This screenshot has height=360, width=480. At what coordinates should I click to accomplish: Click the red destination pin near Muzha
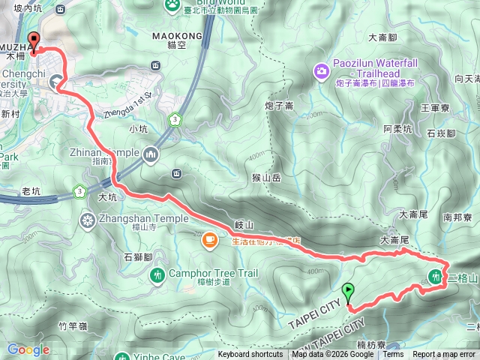(32, 42)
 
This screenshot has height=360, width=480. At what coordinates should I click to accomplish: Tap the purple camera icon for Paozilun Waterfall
(321, 71)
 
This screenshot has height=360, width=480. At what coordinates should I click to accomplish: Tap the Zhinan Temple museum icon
(151, 153)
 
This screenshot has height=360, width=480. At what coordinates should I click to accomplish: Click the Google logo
(28, 349)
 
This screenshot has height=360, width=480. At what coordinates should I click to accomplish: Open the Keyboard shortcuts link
(250, 355)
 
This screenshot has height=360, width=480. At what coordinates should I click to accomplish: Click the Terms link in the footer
(393, 355)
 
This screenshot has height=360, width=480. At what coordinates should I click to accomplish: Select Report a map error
(444, 355)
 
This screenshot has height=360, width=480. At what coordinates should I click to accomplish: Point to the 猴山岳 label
(266, 178)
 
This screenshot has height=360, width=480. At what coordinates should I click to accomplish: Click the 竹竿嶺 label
(73, 325)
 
